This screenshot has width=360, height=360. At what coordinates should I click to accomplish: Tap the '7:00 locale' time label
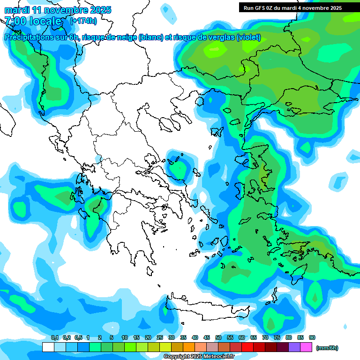tap(33, 21)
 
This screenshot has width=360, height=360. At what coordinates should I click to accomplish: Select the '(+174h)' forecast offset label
tap(83, 21)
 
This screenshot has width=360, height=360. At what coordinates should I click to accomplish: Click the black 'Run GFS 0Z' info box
tap(292, 7)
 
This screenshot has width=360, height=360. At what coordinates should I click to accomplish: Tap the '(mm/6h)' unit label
tap(327, 348)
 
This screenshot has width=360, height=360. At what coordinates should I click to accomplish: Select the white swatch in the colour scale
tap(48, 347)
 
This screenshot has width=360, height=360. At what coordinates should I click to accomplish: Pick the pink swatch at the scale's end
tap(306, 347)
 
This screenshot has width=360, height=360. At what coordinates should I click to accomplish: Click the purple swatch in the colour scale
tap(294, 347)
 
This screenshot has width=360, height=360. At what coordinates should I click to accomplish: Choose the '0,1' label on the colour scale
tap(54, 338)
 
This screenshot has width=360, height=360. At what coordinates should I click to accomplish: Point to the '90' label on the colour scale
tap(312, 338)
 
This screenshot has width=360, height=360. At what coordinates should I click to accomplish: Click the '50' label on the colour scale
tap(218, 338)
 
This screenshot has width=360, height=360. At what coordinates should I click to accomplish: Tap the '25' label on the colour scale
tap(160, 338)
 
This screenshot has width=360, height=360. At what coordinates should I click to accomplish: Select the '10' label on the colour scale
tap(125, 338)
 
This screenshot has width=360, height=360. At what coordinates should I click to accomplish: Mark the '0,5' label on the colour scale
tap(78, 338)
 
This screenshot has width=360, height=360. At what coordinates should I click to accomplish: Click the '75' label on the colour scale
tap(277, 338)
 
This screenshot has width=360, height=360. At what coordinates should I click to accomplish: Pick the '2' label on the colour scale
tap(101, 338)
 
